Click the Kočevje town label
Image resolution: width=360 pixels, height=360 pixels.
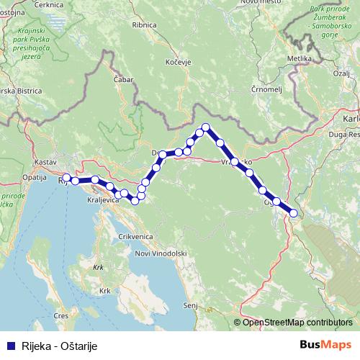(176, 63)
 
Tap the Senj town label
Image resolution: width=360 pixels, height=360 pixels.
(190, 306)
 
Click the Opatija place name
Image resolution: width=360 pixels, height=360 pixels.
(35, 176)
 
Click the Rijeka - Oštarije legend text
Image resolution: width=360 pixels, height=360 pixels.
(59, 346)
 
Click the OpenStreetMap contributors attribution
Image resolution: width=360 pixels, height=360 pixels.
(297, 322)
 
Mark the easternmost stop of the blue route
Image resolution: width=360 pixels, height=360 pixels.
(293, 212)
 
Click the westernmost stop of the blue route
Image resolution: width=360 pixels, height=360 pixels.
(66, 177)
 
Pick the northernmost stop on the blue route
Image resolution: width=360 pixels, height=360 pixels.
(206, 127)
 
